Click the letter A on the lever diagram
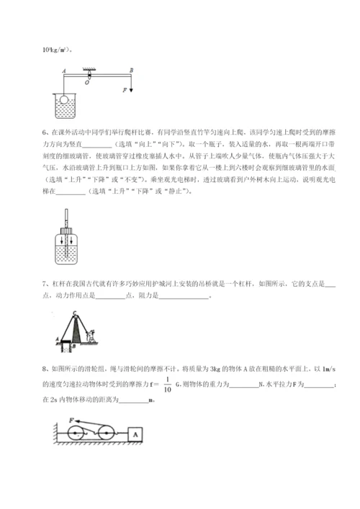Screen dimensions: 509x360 (66, 71)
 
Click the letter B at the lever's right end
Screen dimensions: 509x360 (131, 71)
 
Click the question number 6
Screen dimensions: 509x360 (45, 132)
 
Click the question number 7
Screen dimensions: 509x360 (45, 283)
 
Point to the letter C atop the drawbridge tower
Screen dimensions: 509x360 (75, 312)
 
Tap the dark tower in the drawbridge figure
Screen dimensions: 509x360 (75, 331)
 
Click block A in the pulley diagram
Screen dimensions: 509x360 (135, 435)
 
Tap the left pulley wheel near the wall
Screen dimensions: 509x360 (74, 436)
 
